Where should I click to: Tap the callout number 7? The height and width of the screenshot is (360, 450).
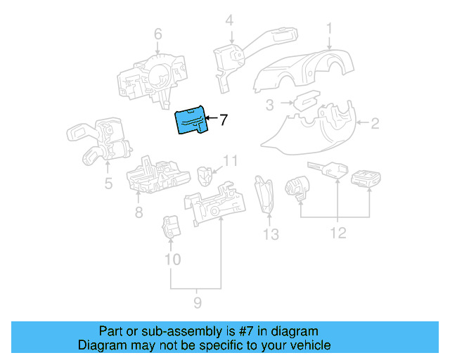click(224, 120)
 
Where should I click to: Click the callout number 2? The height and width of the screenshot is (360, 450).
click(375, 124)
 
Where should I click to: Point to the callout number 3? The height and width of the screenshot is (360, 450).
click(269, 105)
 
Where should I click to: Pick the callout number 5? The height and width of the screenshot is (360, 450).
click(108, 185)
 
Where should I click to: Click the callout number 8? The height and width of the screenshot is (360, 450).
click(139, 212)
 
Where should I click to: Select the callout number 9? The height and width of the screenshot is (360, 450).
click(197, 302)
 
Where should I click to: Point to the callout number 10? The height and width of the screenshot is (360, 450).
click(172, 259)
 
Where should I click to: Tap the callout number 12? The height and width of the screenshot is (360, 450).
click(338, 233)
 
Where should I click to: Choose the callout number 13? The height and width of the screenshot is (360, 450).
click(271, 234)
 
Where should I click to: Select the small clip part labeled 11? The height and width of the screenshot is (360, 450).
click(206, 173)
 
